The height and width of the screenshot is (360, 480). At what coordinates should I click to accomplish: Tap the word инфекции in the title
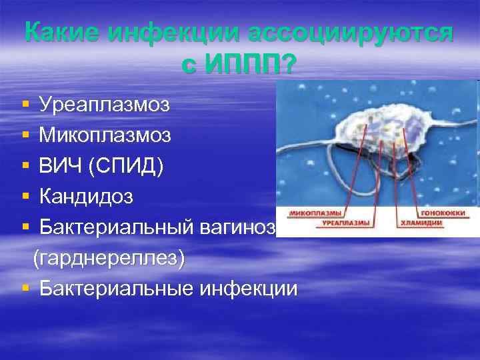pos(167,33)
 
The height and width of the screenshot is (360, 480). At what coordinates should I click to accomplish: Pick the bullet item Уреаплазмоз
pos(104,105)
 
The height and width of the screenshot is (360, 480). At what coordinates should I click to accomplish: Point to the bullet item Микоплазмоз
pos(105,135)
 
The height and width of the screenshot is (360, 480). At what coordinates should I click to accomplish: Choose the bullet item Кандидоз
pos(86,197)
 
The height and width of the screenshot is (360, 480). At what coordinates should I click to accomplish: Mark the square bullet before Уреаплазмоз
pos(25,105)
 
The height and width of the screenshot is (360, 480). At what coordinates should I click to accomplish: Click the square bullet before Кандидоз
pos(25,197)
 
